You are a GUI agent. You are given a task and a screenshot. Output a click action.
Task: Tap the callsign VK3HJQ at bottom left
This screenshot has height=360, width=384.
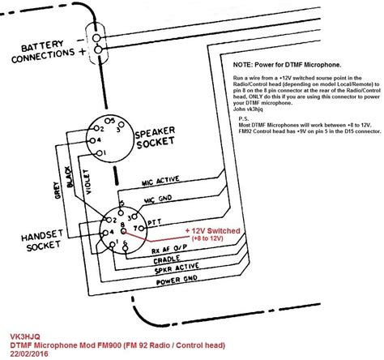pos(27,333)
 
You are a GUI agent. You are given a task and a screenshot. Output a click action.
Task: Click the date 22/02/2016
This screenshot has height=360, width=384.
pos(32,353)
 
